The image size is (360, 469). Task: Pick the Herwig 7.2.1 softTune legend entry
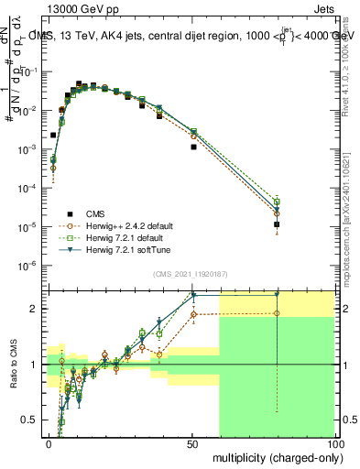click(107, 249)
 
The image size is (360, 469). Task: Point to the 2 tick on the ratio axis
click(37, 309)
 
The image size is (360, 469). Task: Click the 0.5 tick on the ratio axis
click(33, 420)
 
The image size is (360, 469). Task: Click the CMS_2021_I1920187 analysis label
click(191, 272)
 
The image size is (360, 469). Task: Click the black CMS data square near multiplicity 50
click(193, 147)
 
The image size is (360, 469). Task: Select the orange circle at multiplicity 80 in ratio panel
click(277, 313)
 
